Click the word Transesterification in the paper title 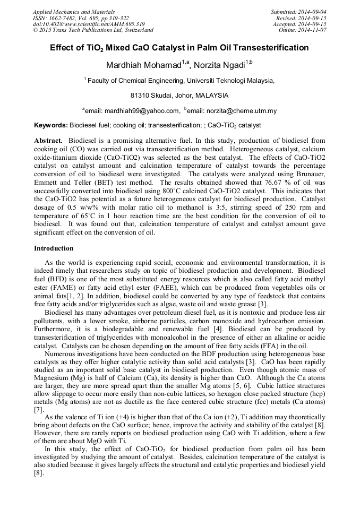272,48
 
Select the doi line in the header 89,24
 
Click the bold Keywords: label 51,126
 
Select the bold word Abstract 48,141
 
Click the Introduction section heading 54,248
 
